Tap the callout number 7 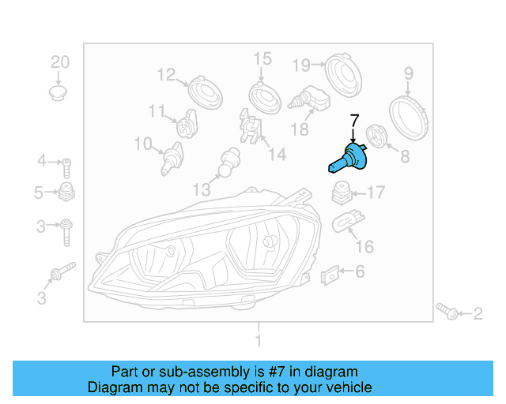click(x=354, y=121)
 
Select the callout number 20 click(x=60, y=62)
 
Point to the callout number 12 click(x=166, y=75)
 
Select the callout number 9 click(x=409, y=74)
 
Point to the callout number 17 click(x=375, y=192)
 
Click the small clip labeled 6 click(x=330, y=275)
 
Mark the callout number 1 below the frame click(x=257, y=342)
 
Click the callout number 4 click(x=41, y=163)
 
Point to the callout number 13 click(x=202, y=189)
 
